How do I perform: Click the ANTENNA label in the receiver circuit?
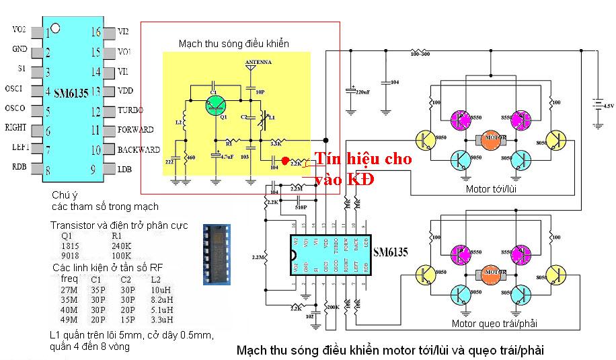click(x=258, y=61)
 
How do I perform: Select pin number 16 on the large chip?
click(x=95, y=32)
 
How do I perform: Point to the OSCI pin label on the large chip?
click(x=13, y=89)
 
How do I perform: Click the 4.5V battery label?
click(x=608, y=106)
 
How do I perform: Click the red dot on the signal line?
click(x=285, y=161)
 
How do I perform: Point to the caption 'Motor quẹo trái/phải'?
click(x=494, y=324)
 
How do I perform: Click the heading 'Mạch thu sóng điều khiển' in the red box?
click(x=233, y=44)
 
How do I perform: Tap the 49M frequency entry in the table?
click(x=69, y=320)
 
